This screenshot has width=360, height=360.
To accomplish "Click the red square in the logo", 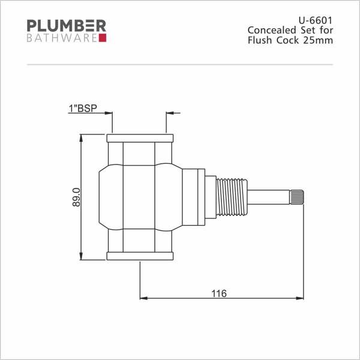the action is click(x=103, y=38).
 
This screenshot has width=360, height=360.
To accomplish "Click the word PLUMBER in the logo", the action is click(x=67, y=26).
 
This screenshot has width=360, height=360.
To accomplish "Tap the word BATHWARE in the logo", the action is click(x=62, y=38).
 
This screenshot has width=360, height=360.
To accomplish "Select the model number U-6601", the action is click(x=316, y=20).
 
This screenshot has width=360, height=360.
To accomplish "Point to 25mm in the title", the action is click(x=318, y=40).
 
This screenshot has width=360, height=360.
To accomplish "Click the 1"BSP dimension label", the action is click(x=83, y=109).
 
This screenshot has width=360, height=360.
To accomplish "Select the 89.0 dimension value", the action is click(x=76, y=197).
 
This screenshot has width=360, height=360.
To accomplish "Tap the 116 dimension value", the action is click(x=219, y=293).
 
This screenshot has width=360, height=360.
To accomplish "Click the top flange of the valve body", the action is click(x=140, y=138).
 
